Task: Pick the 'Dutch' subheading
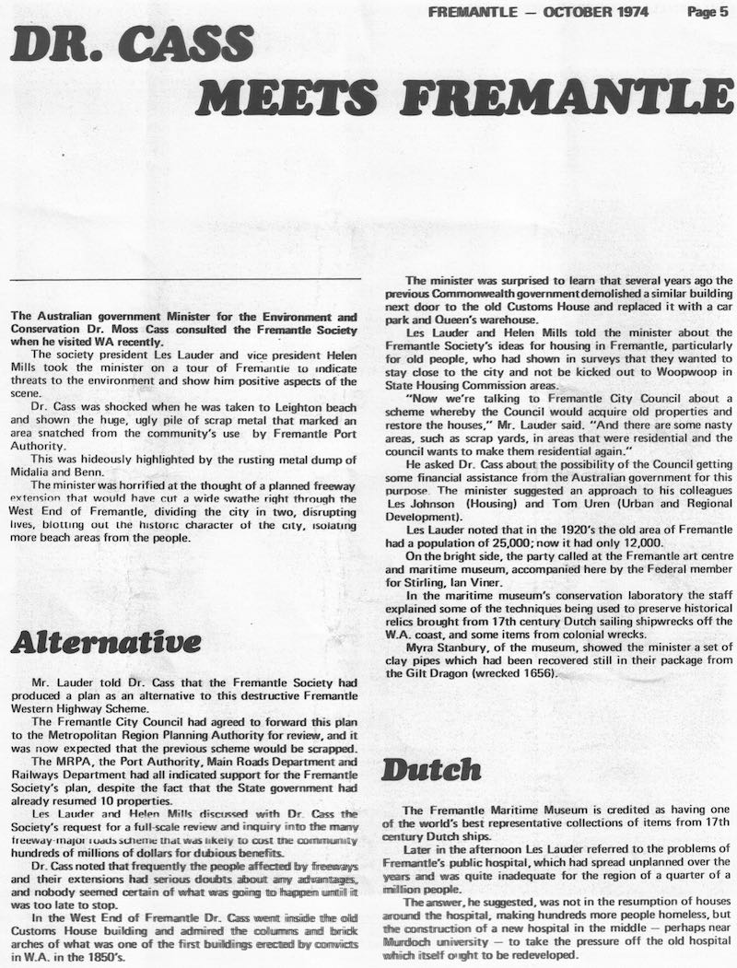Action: pos(431,769)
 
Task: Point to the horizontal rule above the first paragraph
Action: pos(185,279)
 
